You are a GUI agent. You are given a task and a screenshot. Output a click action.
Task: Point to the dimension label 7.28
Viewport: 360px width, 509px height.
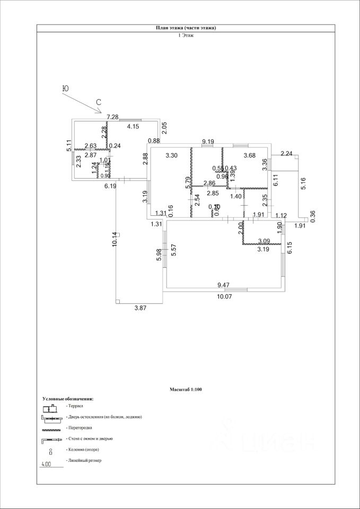(x=112, y=117)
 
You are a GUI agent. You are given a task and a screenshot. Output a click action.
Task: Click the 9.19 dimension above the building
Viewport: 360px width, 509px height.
(x=207, y=142)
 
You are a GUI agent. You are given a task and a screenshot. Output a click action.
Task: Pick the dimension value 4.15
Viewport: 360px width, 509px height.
(x=133, y=126)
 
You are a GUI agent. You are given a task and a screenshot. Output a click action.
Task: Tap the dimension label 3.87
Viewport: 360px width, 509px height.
(x=139, y=308)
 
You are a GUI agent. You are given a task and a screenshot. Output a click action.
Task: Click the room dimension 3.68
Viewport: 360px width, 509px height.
(x=249, y=155)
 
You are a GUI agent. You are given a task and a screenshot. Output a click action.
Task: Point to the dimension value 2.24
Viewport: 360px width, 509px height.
(x=286, y=154)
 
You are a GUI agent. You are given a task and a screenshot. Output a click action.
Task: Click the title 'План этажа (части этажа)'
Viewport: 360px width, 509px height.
(x=186, y=28)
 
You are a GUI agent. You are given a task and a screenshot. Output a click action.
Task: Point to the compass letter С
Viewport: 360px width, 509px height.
(x=99, y=101)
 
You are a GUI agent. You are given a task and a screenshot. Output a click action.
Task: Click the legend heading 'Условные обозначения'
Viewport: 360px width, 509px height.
(x=68, y=398)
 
